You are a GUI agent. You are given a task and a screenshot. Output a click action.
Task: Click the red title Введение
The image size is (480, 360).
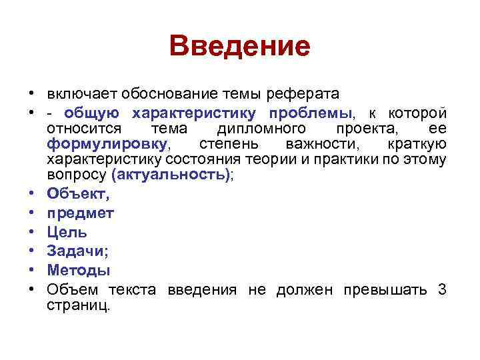tap(240, 47)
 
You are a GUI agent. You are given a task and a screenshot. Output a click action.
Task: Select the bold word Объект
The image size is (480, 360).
tap(77, 195)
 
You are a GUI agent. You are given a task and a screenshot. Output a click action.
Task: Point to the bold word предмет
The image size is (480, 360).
tap(80, 213)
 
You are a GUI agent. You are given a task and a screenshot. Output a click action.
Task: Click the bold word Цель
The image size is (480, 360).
tap(67, 232)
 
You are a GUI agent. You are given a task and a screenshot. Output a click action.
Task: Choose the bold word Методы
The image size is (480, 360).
tap(79, 270)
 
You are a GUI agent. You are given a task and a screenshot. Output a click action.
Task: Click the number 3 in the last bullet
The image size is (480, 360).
tap(442, 289)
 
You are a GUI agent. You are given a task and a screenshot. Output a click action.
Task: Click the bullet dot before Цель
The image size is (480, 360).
tap(31, 233)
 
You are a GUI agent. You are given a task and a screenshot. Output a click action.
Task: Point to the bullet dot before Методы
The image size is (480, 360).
tap(31, 271)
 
